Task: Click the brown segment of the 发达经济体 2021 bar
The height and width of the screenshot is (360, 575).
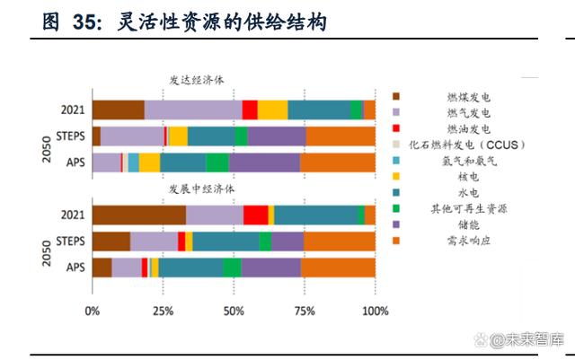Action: click(118, 110)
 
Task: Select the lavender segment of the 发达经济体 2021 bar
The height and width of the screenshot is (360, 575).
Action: click(192, 110)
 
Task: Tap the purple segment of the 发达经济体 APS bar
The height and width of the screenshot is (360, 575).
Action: click(264, 162)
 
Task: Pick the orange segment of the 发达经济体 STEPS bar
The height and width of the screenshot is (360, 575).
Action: click(341, 136)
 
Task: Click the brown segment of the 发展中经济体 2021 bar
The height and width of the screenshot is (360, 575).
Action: click(139, 215)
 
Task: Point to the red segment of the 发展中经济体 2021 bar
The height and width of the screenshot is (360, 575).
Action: click(255, 215)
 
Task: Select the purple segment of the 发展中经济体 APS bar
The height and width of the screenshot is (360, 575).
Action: click(270, 267)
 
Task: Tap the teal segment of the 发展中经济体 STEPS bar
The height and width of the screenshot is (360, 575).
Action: click(226, 241)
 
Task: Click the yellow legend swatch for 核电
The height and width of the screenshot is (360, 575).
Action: click(396, 177)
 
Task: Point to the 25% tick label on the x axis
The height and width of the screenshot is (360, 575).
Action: click(163, 312)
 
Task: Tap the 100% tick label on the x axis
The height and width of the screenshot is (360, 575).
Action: click(374, 312)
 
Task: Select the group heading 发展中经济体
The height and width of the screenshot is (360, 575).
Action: click(201, 189)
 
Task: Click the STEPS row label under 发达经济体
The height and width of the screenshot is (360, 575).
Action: click(70, 136)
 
